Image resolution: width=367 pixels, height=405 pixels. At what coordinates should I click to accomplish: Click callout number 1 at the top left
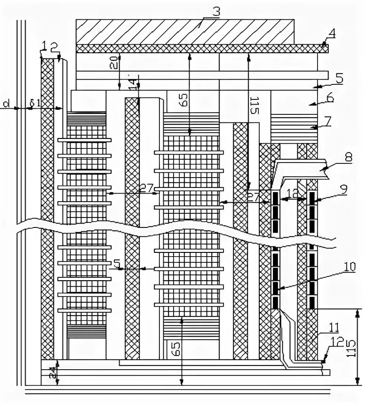coord(43,46)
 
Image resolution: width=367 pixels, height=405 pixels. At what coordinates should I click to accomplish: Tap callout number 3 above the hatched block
coord(216,12)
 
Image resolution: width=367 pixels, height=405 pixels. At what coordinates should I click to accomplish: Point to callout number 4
coord(332,34)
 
